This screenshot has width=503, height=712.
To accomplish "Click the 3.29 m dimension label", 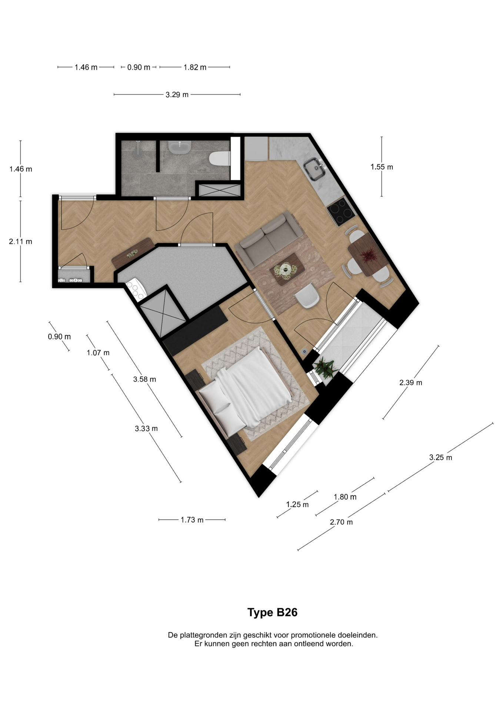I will pos(177,95).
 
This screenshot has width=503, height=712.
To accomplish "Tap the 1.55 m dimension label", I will pos(382,167).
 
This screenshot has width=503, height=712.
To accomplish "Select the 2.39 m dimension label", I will pos(410,382).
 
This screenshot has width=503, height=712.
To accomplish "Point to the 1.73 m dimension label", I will pos(192,520).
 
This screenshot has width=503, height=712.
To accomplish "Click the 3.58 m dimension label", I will pos(144,379).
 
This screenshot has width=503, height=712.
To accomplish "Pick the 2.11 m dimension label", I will pos(20,241).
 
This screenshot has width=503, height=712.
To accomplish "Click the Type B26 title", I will pos(272,612).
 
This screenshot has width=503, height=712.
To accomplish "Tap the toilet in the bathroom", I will pos(219,159).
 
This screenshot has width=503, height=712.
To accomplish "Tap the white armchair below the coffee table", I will pos(307,296).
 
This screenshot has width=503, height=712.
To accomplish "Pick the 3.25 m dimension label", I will pos(440,457).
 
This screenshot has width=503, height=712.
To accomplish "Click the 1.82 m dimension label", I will pos(195,67).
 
